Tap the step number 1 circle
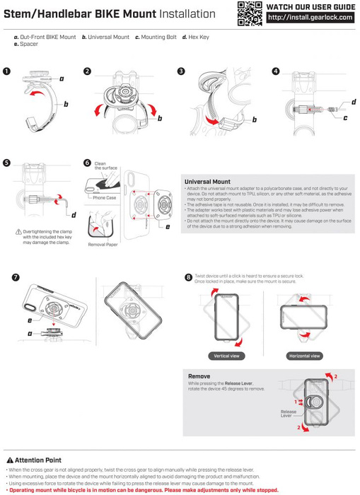(7, 71)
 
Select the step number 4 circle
(275, 71)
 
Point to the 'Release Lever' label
(289, 414)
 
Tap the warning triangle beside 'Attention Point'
(9, 460)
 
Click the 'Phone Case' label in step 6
(105, 199)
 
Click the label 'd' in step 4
(352, 103)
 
